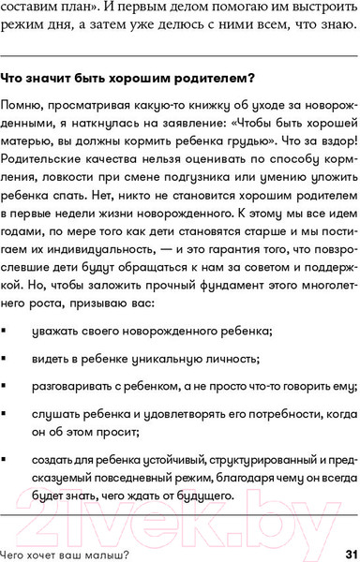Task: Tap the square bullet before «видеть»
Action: point(7,386)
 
